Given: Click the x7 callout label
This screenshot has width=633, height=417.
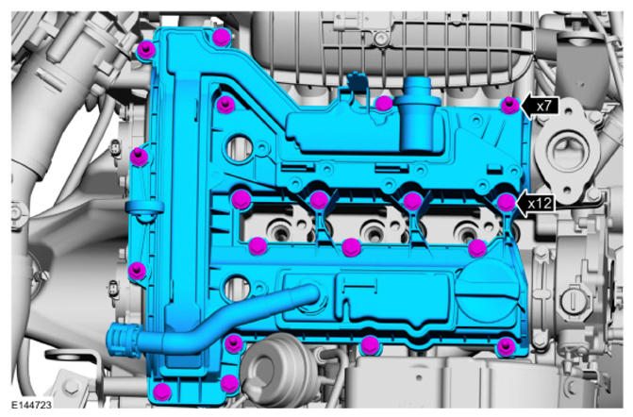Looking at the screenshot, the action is (543, 107).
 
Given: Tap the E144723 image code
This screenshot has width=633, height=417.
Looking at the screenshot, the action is (31, 405).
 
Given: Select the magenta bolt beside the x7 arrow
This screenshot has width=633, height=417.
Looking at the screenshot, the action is (510, 106).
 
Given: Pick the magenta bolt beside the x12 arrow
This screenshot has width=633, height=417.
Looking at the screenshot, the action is (507, 202).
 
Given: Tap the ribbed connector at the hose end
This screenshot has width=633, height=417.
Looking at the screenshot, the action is (120, 342).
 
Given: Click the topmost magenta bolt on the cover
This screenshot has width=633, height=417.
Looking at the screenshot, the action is (222, 38).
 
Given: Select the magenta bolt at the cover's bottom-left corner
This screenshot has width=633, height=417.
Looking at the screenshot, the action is (162, 392).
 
